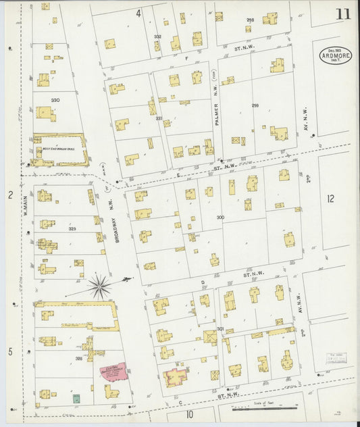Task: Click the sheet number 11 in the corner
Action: [342, 13]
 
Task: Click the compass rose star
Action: [100, 287]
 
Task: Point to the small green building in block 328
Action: [76, 398]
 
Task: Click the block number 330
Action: [55, 100]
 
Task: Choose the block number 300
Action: [220, 217]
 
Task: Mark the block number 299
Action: [255, 105]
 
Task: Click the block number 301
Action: [220, 328]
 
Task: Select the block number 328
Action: [78, 358]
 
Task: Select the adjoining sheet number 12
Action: [330, 199]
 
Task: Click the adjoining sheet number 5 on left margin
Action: [10, 351]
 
